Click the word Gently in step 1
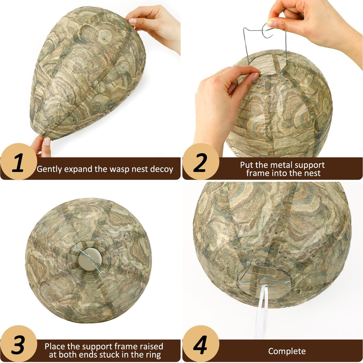tap(49, 169)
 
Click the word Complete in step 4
tap(287, 351)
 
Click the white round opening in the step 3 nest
tap(90, 259)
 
